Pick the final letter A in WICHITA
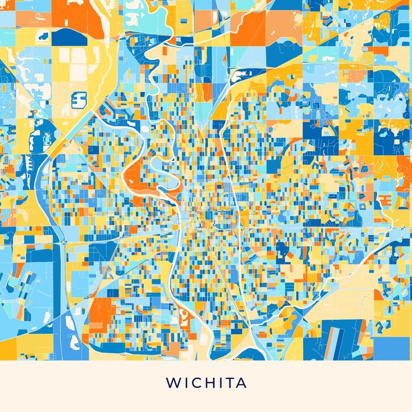[242, 383]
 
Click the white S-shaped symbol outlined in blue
[80, 98]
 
